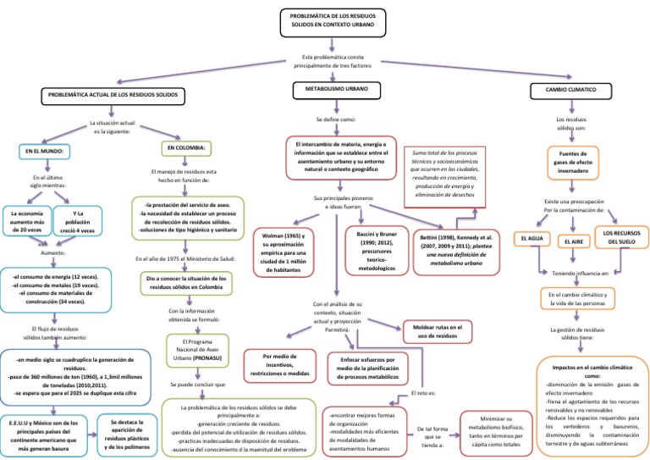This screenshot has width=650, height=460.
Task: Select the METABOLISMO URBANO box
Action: coord(335,89)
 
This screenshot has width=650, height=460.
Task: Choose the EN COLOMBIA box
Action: coord(187,147)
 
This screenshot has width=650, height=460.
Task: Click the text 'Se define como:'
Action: coord(336,119)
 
